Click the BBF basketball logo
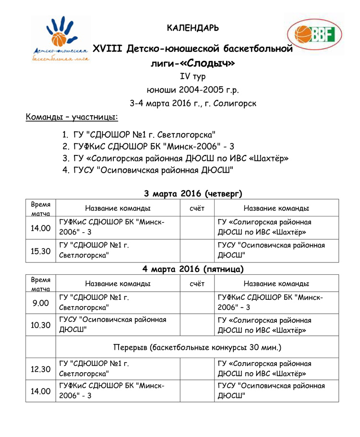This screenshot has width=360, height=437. pos(314,35)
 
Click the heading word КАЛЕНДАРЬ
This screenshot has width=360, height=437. pos(193,28)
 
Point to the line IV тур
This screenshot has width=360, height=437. pos(192,77)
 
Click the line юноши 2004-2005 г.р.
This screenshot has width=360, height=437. pos(192,90)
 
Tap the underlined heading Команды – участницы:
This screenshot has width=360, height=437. pos(72,117)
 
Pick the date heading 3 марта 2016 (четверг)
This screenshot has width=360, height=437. pos(193,194)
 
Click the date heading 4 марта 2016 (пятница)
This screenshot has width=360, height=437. pos(193,269)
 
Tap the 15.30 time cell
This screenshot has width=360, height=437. pos(41,251)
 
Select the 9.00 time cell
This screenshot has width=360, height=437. pos(41,303)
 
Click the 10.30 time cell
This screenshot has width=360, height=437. pos(41,325)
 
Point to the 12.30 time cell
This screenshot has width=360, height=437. pos(41,369)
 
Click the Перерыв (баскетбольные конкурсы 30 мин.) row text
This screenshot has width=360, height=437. pos(197,347)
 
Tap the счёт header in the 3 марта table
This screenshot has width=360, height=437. pos(197,208)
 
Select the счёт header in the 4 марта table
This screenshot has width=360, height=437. pos(197,283)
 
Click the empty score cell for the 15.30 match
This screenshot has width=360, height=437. pos(197,251)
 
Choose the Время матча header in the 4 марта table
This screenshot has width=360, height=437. pos(41,283)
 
